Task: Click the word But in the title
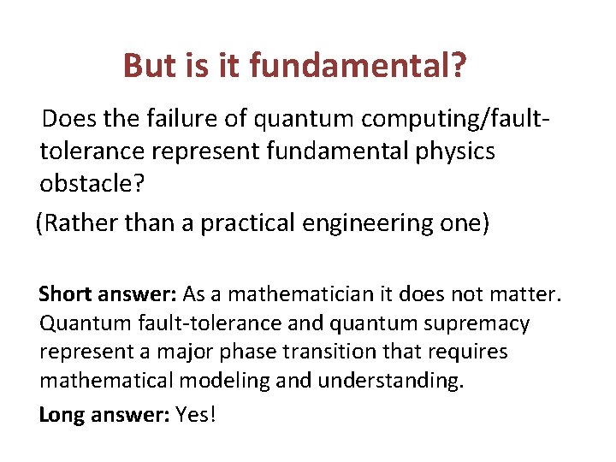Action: tap(148, 65)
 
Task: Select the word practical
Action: tap(246, 223)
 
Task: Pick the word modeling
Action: tap(228, 380)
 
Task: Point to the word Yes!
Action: tap(196, 415)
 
